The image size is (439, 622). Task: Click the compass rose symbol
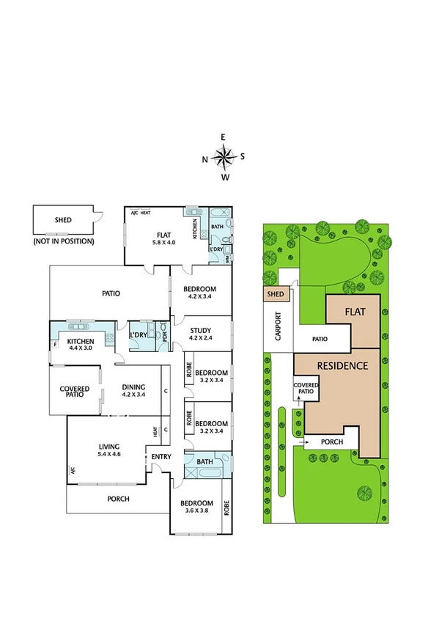224,155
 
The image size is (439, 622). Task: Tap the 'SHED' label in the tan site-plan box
275,295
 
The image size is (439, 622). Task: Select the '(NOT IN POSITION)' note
64,241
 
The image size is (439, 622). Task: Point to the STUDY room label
201,334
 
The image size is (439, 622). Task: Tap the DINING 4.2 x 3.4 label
133,392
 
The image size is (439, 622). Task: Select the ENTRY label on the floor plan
161,458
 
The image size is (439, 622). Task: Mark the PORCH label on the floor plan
118,500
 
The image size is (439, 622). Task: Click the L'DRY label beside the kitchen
139,336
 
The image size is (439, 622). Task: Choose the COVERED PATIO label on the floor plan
75,392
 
